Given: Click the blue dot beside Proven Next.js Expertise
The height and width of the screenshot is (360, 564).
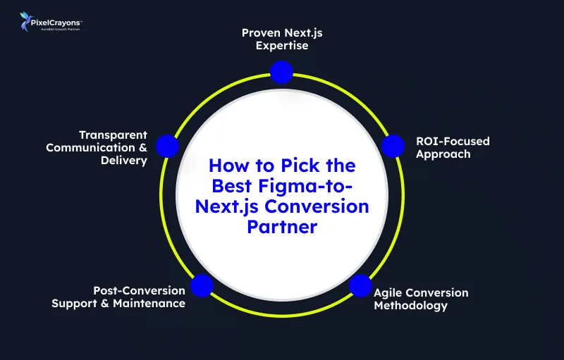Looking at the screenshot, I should pyautogui.click(x=281, y=71).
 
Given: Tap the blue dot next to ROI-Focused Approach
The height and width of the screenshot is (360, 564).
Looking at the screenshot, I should pyautogui.click(x=393, y=147).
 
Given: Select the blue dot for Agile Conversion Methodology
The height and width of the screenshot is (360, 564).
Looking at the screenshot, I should pyautogui.click(x=360, y=285).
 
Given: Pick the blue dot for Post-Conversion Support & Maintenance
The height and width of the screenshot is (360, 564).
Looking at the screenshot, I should pyautogui.click(x=202, y=285).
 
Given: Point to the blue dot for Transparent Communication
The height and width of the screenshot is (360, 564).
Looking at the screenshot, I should pyautogui.click(x=167, y=146).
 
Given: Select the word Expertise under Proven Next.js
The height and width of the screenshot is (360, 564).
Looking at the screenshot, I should pyautogui.click(x=282, y=46).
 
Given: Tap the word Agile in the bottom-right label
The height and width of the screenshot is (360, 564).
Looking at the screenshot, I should pyautogui.click(x=388, y=292).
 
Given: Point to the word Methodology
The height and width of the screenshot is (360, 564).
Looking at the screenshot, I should pyautogui.click(x=411, y=305).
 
